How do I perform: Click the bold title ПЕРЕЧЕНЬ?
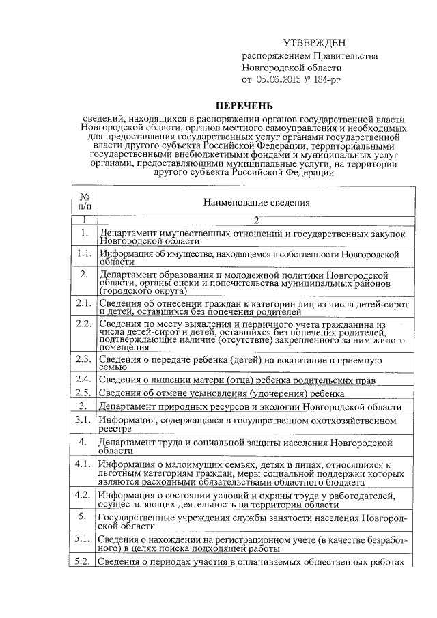click(244, 106)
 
